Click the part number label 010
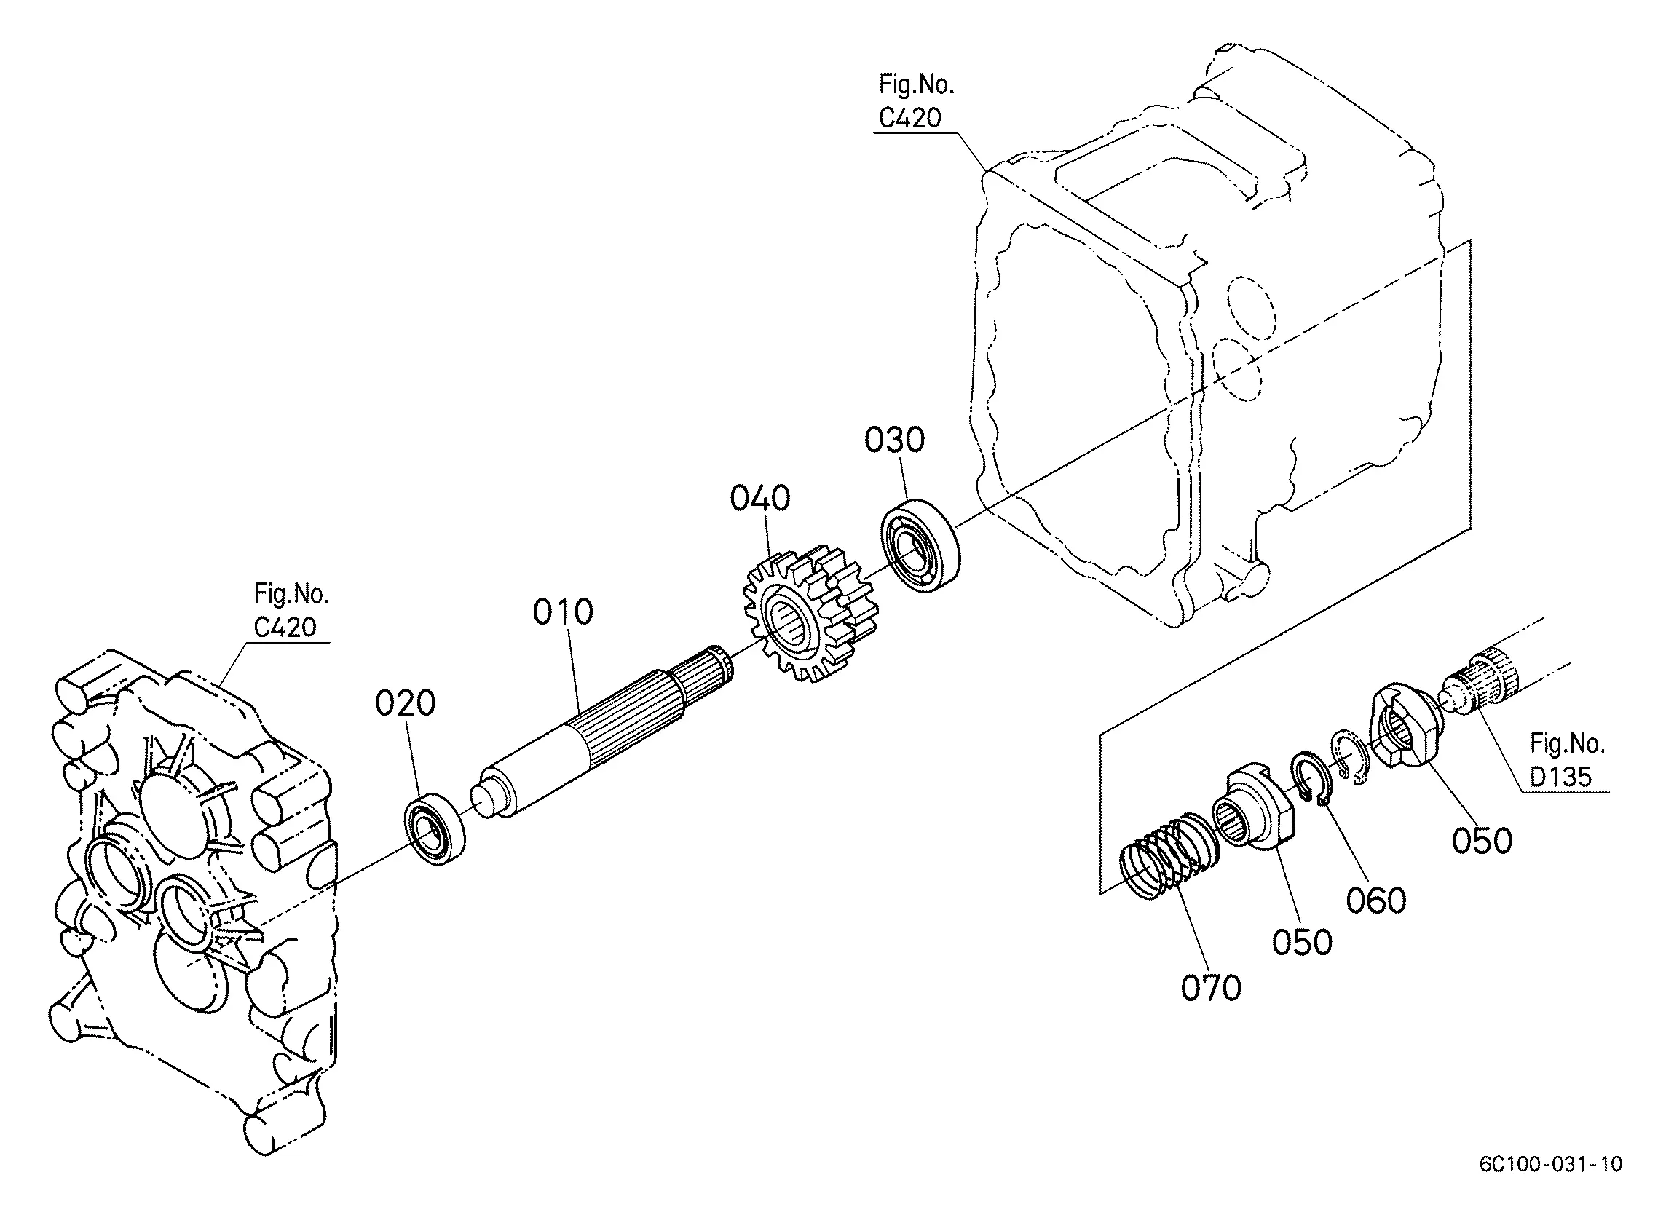pos(563,612)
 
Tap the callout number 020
pos(406,703)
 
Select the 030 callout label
pos(895,440)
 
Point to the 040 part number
pos(760,498)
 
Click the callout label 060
pos(1375,901)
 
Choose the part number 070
pos(1211,988)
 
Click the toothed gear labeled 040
pos(810,612)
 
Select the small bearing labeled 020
pos(435,828)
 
